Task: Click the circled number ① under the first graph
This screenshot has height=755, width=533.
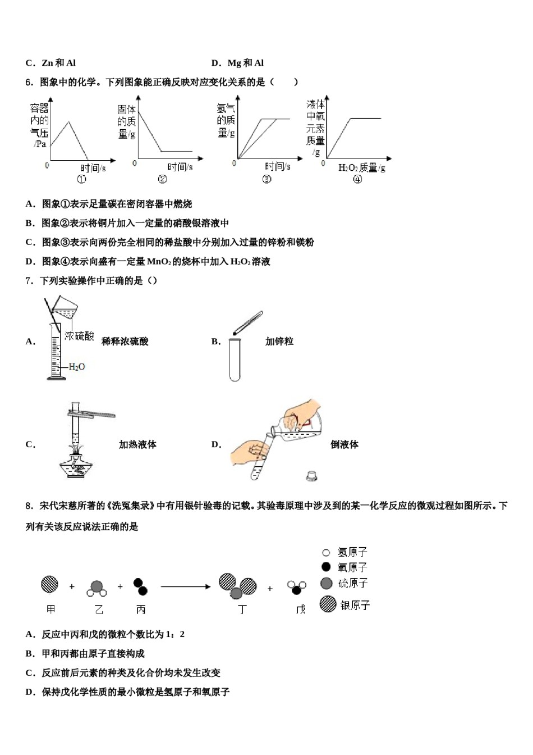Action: (x=82, y=180)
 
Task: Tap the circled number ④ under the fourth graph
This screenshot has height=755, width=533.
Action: (x=357, y=179)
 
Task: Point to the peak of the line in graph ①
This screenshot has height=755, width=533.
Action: (x=68, y=122)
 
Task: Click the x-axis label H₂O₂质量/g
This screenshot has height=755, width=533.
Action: (x=362, y=167)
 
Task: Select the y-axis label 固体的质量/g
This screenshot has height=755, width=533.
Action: (x=126, y=121)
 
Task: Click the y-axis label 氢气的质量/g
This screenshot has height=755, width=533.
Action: (x=226, y=120)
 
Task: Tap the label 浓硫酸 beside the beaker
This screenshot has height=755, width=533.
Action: (x=79, y=336)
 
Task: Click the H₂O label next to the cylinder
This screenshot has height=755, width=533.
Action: (x=77, y=367)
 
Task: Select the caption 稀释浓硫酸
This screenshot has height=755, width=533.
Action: (x=125, y=341)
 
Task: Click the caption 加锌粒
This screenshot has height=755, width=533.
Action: (x=279, y=341)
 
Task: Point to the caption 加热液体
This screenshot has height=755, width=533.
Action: (x=137, y=444)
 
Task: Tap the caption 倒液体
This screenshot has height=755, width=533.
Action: (x=344, y=444)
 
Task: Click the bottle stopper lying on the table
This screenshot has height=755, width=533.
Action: (x=312, y=476)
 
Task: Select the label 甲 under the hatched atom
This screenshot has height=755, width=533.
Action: (x=50, y=609)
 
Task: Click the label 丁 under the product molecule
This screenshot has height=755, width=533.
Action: (x=242, y=609)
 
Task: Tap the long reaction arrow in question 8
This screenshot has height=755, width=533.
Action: (x=185, y=587)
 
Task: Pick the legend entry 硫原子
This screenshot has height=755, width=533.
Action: (x=344, y=583)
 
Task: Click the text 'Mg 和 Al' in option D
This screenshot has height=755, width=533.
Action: (x=246, y=63)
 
